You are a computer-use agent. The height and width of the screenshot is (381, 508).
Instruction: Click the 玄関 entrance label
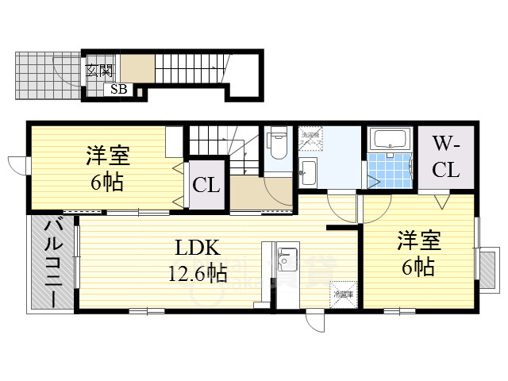tap(99, 69)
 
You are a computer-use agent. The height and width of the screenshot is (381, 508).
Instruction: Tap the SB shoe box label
tap(118, 89)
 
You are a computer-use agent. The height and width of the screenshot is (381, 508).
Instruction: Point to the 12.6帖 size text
tap(196, 275)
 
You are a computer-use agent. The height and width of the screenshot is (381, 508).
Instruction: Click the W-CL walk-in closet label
tap(445, 157)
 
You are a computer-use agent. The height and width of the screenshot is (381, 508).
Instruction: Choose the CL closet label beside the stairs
tap(206, 187)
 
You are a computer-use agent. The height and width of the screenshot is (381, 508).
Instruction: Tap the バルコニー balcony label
tap(52, 261)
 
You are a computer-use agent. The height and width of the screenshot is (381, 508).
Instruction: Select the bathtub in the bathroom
tap(389, 140)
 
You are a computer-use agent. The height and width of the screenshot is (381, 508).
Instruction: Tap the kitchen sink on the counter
tap(287, 260)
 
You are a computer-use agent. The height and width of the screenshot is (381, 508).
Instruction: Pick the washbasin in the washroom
tap(308, 171)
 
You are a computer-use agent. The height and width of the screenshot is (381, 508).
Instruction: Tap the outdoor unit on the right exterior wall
tap(487, 264)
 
